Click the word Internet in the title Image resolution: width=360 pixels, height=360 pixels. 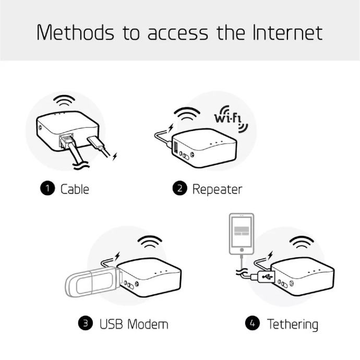pyautogui.click(x=287, y=32)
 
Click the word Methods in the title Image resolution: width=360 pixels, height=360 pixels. pyautogui.click(x=75, y=32)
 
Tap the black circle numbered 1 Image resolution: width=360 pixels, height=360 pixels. pyautogui.click(x=47, y=188)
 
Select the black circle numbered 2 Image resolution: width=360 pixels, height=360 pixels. pyautogui.click(x=180, y=188)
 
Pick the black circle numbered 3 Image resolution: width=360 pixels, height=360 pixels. pyautogui.click(x=86, y=323)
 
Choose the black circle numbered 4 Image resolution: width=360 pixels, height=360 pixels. pyautogui.click(x=253, y=323)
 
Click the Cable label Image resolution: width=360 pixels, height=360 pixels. pyautogui.click(x=75, y=189)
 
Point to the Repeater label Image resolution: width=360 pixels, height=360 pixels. pyautogui.click(x=217, y=189)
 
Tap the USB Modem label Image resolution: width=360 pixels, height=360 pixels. pyautogui.click(x=134, y=324)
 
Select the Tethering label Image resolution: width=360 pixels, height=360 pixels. pyautogui.click(x=293, y=325)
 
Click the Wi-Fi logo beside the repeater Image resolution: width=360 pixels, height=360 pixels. pyautogui.click(x=231, y=119)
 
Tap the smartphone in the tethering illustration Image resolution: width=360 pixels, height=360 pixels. pyautogui.click(x=242, y=234)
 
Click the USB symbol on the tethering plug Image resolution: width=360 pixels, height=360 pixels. pyautogui.click(x=268, y=277)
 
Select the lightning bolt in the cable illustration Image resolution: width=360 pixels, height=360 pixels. pyautogui.click(x=115, y=157)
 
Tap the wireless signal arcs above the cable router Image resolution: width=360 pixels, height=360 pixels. pyautogui.click(x=64, y=101)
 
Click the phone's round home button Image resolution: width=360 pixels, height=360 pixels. pyautogui.click(x=242, y=249)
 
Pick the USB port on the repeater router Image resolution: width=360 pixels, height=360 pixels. pyautogui.click(x=176, y=148)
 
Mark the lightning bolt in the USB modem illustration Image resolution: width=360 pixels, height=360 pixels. pyautogui.click(x=117, y=256)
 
